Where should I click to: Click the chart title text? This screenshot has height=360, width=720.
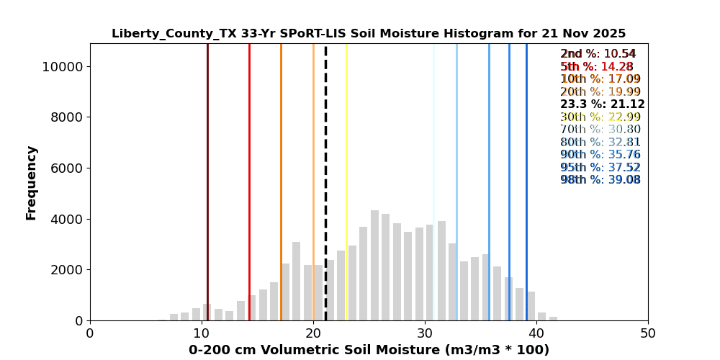point(369,34)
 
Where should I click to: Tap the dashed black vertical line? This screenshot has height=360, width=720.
point(325,180)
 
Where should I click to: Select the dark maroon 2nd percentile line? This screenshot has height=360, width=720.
point(207,180)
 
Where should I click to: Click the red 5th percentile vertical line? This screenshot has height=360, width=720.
point(249,180)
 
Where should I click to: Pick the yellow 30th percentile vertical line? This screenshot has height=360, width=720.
point(346,180)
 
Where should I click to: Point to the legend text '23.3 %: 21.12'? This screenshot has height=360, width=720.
point(602,104)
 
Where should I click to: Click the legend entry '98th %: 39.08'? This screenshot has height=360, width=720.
point(600,180)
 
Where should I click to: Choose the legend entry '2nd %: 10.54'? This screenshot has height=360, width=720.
point(598,54)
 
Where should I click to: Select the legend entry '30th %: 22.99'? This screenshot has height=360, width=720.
point(600,117)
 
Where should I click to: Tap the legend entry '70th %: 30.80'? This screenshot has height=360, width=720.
point(600,130)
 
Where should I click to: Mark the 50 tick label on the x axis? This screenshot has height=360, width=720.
point(648,334)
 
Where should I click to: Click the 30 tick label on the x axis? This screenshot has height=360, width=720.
point(425,334)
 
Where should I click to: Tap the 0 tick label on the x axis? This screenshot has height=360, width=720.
point(90,334)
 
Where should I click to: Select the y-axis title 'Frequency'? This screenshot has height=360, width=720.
point(32,182)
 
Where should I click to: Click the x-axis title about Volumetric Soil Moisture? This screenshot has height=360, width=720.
point(369,351)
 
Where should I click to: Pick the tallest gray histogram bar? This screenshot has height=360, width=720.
point(374,266)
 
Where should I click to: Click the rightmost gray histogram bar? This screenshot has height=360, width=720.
point(553,318)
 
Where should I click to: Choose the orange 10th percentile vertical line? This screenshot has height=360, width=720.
point(281,180)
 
